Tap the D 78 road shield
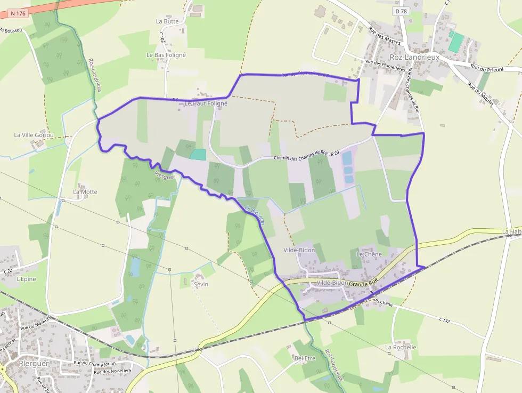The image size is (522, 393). (x=402, y=11)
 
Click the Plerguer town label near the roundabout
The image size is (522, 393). (x=34, y=363)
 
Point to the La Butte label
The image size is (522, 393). (x=167, y=21)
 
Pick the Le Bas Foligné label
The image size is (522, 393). (x=166, y=55)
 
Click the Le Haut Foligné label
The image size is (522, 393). (x=206, y=103)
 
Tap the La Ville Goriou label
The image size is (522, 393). (x=34, y=135)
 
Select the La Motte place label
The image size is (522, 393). (x=85, y=191)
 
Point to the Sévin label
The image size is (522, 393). (x=201, y=284)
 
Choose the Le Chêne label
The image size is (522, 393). (x=366, y=254)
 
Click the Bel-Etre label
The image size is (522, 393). (x=305, y=358)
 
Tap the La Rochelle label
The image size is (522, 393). (x=401, y=347)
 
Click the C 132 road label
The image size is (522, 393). (x=445, y=320)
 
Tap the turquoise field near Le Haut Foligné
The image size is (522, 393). (x=198, y=155)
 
